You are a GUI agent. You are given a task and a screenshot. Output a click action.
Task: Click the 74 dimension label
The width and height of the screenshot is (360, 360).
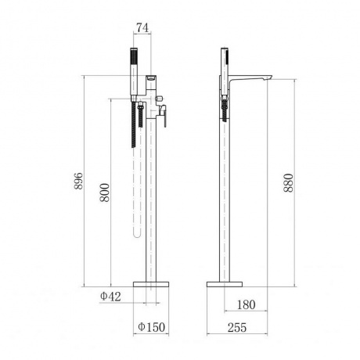[x=142, y=27]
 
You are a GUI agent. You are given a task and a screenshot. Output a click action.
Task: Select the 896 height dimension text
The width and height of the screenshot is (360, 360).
[x=78, y=181]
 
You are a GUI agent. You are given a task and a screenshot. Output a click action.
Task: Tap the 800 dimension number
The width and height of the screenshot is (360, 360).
[x=105, y=193]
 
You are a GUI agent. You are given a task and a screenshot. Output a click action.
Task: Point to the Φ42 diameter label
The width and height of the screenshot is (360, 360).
[x=110, y=297]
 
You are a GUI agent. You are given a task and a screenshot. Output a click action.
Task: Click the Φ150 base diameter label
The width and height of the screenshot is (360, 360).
[x=152, y=327]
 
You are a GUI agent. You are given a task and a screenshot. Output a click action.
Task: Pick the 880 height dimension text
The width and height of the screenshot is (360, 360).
[x=289, y=183]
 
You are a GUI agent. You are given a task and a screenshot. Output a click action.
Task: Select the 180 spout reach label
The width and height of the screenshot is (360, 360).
[x=247, y=304]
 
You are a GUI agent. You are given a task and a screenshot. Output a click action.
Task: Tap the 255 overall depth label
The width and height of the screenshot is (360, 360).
[x=237, y=328]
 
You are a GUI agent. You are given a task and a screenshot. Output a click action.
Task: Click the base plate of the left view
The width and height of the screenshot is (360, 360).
[x=151, y=284]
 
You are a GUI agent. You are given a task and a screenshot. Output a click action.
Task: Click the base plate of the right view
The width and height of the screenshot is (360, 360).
[x=225, y=284]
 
